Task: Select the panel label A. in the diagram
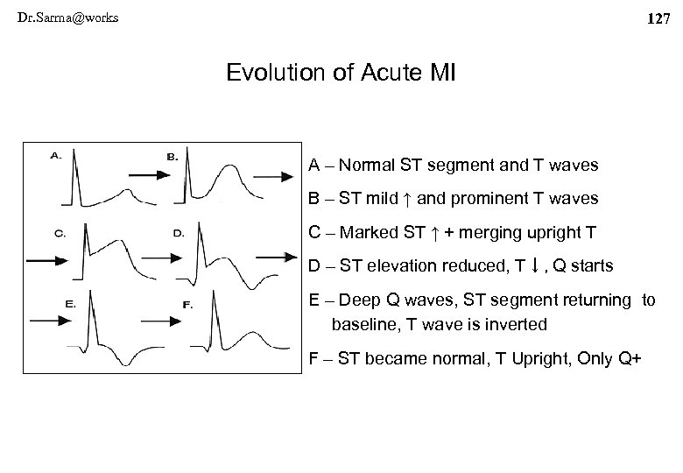click(x=55, y=155)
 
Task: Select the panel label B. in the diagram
click(x=173, y=157)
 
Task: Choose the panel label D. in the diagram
click(x=178, y=233)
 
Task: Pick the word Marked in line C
click(x=368, y=232)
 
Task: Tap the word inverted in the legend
click(x=518, y=324)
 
